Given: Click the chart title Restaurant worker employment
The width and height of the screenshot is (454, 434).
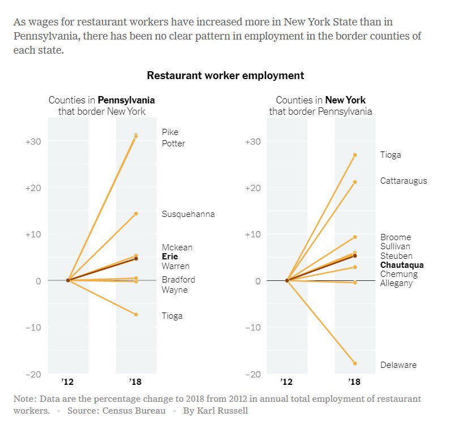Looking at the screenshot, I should pyautogui.click(x=225, y=76).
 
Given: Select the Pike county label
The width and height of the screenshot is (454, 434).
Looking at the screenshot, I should pyautogui.click(x=170, y=132).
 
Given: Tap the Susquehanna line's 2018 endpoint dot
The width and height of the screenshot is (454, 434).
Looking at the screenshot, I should pyautogui.click(x=136, y=214).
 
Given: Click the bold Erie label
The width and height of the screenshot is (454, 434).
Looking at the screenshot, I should pyautogui.click(x=170, y=257).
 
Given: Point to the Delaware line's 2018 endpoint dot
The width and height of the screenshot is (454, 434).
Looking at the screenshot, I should pyautogui.click(x=355, y=363).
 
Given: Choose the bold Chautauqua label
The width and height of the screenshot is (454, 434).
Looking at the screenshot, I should pyautogui.click(x=402, y=265).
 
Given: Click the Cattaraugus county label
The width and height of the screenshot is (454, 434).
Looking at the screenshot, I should pyautogui.click(x=404, y=181).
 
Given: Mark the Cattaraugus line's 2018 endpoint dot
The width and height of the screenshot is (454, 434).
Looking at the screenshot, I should pyautogui.click(x=355, y=182).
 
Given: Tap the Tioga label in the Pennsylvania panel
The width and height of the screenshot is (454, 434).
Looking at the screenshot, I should pyautogui.click(x=172, y=316).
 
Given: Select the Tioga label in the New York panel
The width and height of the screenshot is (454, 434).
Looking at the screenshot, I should pyautogui.click(x=391, y=155).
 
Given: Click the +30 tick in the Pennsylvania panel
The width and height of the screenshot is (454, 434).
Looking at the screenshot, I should pyautogui.click(x=33, y=141).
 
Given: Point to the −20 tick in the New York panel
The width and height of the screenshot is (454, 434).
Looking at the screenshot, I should pyautogui.click(x=252, y=374).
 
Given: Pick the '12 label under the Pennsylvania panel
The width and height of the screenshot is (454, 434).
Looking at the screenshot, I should pyautogui.click(x=68, y=381).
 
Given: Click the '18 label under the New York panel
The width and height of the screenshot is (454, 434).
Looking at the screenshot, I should pyautogui.click(x=355, y=381).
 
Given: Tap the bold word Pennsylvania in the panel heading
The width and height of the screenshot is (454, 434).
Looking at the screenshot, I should pyautogui.click(x=126, y=101).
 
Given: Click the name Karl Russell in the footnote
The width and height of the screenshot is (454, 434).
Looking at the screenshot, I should pyautogui.click(x=223, y=411).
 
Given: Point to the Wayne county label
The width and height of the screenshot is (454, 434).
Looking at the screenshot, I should pyautogui.click(x=174, y=290).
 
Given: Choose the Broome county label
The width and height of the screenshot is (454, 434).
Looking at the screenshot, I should pyautogui.click(x=396, y=237).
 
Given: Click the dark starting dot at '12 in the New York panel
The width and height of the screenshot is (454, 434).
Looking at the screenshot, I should pyautogui.click(x=287, y=280).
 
